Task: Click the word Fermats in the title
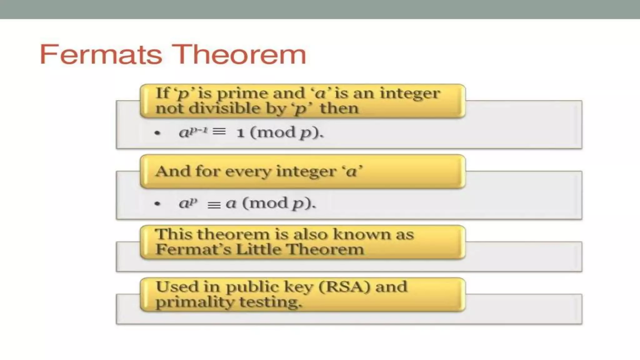click(101, 55)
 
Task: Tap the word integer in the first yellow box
click(410, 93)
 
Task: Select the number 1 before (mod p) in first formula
click(240, 133)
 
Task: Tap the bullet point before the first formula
click(157, 133)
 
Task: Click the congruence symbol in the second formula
click(214, 205)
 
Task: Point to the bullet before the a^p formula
click(157, 204)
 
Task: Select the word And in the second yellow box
click(173, 171)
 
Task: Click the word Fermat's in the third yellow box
click(193, 249)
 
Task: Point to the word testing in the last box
click(271, 302)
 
